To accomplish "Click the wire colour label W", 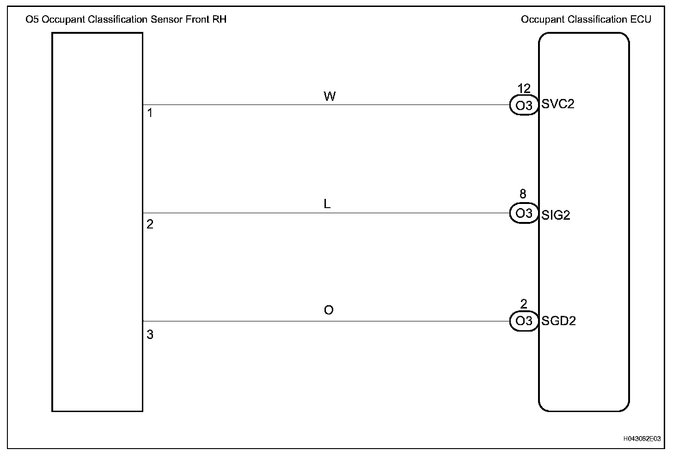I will click(330, 96).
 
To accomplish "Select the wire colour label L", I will click(327, 204).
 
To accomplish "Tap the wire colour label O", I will click(329, 310).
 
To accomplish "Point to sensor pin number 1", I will click(150, 112).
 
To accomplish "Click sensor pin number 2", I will click(150, 224).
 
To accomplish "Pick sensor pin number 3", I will click(150, 335).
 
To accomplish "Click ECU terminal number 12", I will click(524, 88).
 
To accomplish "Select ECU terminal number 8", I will click(523, 194).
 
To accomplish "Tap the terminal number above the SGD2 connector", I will click(524, 304).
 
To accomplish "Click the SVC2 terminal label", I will click(558, 104).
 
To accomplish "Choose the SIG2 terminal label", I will click(556, 215).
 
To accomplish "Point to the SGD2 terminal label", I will click(558, 321).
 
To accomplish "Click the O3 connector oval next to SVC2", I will click(524, 105).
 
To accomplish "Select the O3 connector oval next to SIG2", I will click(524, 213).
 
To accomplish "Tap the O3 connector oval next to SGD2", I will click(524, 321).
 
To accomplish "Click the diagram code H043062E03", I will click(642, 438).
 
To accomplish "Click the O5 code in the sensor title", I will click(33, 19).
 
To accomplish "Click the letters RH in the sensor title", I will click(219, 19).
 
